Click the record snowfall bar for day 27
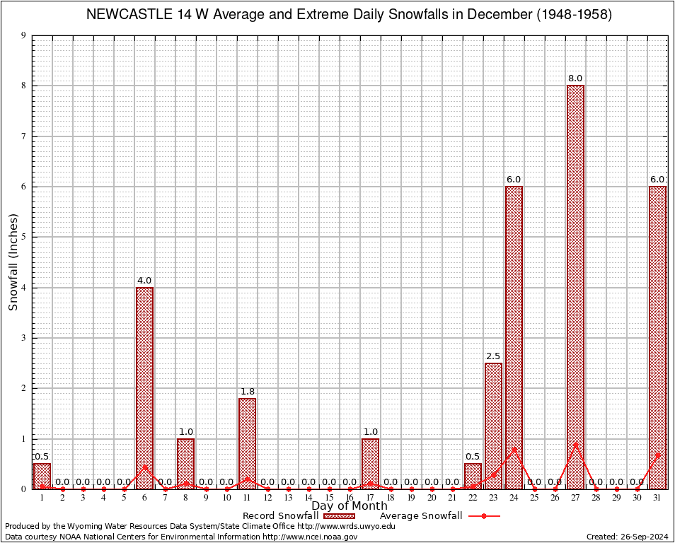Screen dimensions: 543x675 [575, 283]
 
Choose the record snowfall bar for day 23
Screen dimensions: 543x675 [493, 424]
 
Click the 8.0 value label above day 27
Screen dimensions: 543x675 [575, 78]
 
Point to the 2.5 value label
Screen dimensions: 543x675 [493, 356]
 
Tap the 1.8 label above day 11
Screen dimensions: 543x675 [247, 391]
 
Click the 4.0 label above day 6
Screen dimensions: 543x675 [144, 281]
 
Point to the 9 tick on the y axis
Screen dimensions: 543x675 [23, 35]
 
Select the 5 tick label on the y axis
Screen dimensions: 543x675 [23, 237]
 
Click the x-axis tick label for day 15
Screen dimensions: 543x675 [329, 498]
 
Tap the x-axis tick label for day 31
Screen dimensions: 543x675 [657, 498]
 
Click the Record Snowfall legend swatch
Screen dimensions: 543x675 [337, 516]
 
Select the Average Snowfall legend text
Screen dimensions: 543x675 [421, 516]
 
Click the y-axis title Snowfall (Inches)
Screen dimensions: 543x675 [13, 262]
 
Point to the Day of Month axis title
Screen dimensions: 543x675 [350, 506]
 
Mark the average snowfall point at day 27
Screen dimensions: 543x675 [575, 445]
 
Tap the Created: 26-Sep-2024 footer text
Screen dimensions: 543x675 [627, 537]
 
